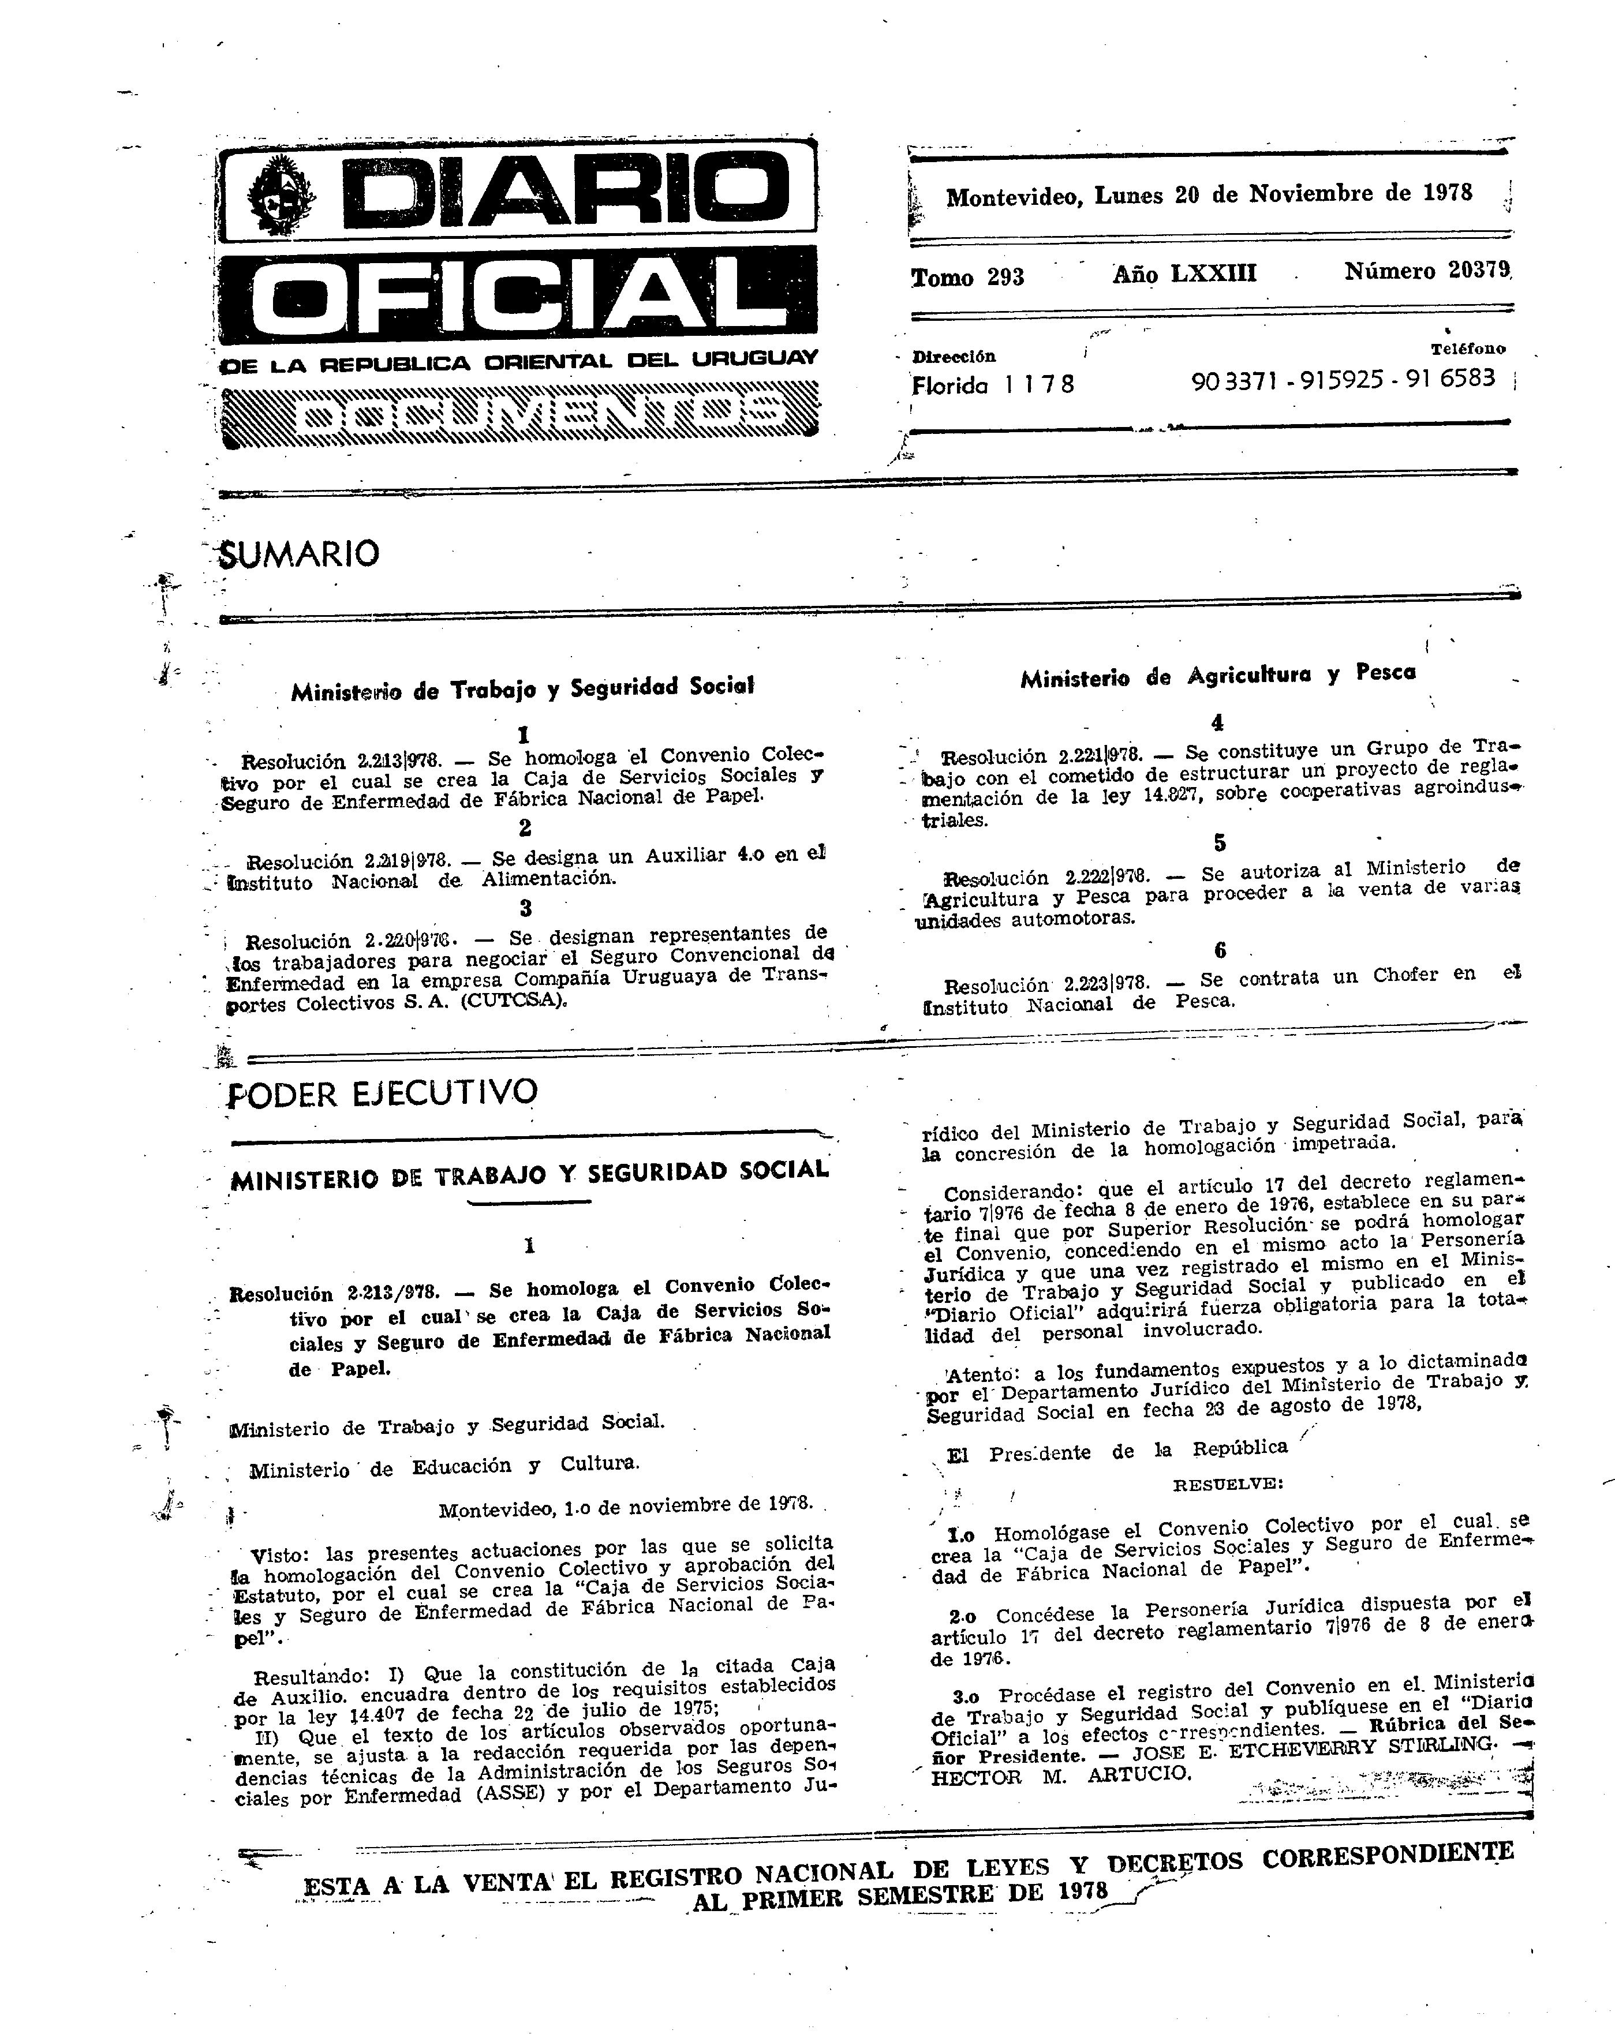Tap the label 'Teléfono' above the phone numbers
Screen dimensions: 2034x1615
(1468, 348)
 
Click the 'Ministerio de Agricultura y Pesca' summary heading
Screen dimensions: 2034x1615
(1218, 676)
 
